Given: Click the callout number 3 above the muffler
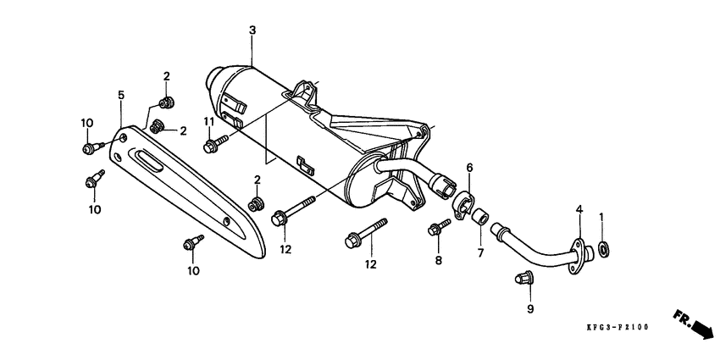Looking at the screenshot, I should point(252,31).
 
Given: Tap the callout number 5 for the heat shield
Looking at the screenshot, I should point(121,95).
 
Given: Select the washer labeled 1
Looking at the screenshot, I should point(603,249).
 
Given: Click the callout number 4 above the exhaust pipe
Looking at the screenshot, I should point(579,209).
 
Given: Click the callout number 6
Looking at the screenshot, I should point(469,168).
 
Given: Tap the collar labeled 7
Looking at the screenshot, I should point(480,215).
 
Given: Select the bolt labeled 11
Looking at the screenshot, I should point(213,145).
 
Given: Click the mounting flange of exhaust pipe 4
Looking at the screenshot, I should point(578,255).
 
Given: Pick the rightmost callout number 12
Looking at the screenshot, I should point(370,264).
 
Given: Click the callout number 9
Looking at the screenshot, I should point(530,309).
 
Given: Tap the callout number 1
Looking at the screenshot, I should point(602,217).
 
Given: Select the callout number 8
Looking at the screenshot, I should point(439,261).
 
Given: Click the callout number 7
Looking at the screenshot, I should point(481,253).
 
